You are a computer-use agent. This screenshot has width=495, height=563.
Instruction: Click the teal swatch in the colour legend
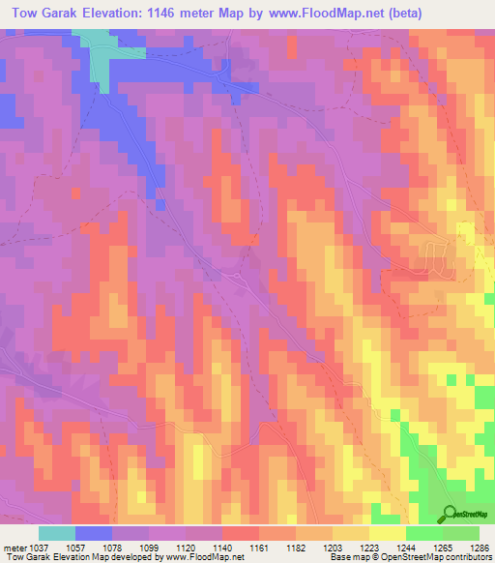[56, 533]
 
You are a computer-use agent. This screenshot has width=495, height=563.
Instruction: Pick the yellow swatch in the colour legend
[387, 533]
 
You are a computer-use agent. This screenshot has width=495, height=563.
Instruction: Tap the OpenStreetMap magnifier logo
[449, 514]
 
